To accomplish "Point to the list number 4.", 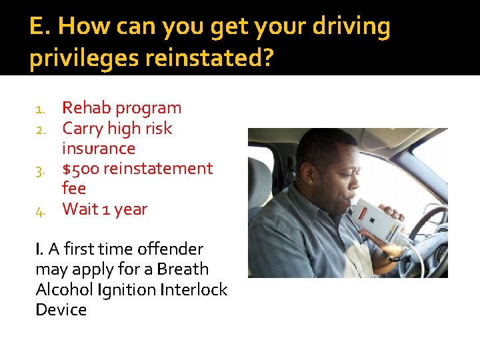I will [x=40, y=211].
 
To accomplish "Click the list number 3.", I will [x=40, y=170].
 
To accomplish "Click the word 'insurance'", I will [x=99, y=148].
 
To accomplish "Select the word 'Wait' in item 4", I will [x=80, y=209].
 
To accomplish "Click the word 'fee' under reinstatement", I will [x=74, y=189].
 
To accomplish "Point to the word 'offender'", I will [x=170, y=249].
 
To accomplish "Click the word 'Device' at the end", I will [x=61, y=310].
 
